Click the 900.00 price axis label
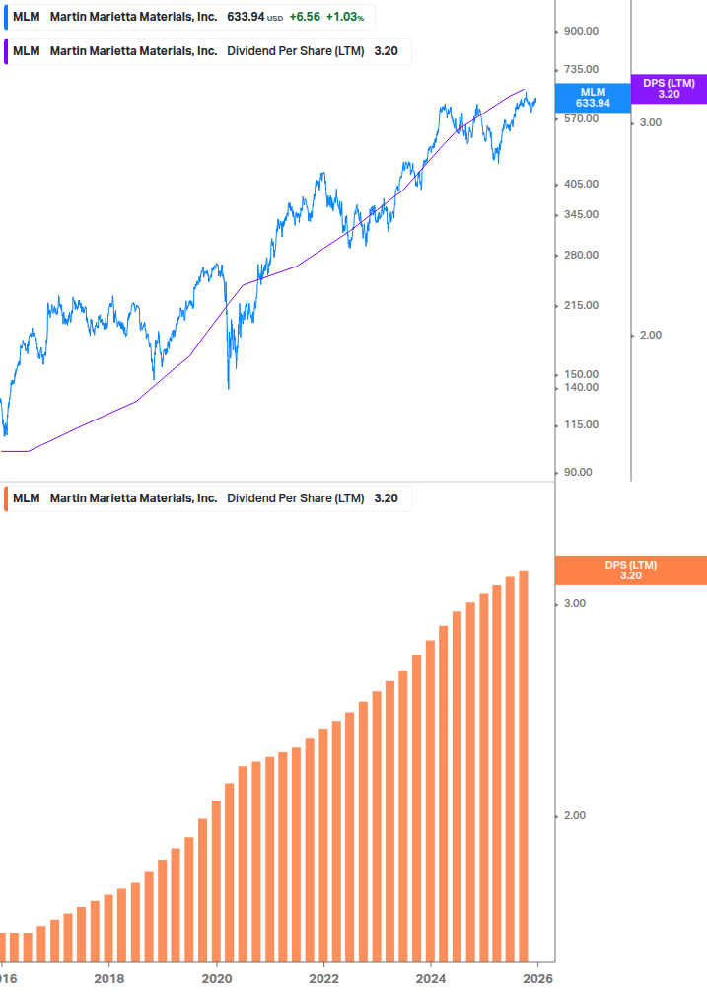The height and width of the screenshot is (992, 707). tap(581, 31)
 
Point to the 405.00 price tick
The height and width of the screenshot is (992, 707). tap(581, 184)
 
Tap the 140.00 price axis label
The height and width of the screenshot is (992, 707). tap(581, 387)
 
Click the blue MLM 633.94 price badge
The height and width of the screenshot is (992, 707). tap(593, 97)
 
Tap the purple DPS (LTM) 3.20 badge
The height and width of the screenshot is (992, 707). tap(669, 89)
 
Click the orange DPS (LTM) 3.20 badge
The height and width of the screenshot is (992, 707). tap(631, 571)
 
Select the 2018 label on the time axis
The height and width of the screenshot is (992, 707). tap(109, 978)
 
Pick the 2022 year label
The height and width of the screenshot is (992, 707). tap(323, 978)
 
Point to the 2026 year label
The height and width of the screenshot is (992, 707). tap(537, 978)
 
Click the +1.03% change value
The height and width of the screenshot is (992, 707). tap(344, 18)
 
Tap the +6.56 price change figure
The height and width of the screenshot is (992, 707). tap(304, 18)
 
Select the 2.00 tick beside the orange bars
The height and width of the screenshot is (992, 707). tap(574, 815)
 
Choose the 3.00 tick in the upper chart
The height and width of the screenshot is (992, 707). tap(651, 122)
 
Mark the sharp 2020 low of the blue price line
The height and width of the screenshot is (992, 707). tap(229, 387)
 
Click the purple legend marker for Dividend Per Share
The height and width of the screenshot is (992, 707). tap(6, 51)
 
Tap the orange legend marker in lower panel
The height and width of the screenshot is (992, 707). tap(6, 498)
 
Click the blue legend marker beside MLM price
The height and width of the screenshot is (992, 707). tap(6, 18)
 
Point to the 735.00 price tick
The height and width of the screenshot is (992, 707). tap(581, 69)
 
